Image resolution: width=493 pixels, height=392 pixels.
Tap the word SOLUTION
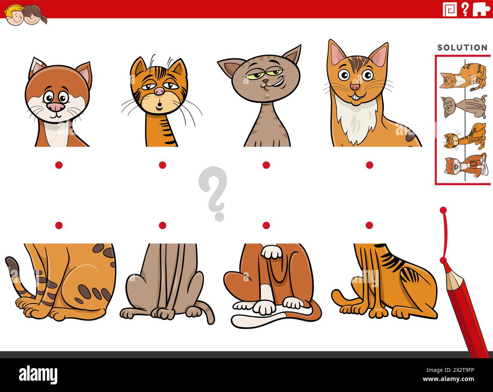click(462, 48)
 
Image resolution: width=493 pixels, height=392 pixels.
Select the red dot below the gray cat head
click(266, 165)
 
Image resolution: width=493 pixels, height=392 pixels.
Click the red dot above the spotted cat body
click(59, 225)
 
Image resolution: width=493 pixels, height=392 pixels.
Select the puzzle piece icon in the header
click(481, 9)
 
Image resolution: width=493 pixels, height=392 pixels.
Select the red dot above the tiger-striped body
click(369, 225)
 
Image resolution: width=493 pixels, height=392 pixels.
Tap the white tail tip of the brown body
click(243, 321)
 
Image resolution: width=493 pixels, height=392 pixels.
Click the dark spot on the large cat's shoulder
click(410, 137)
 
